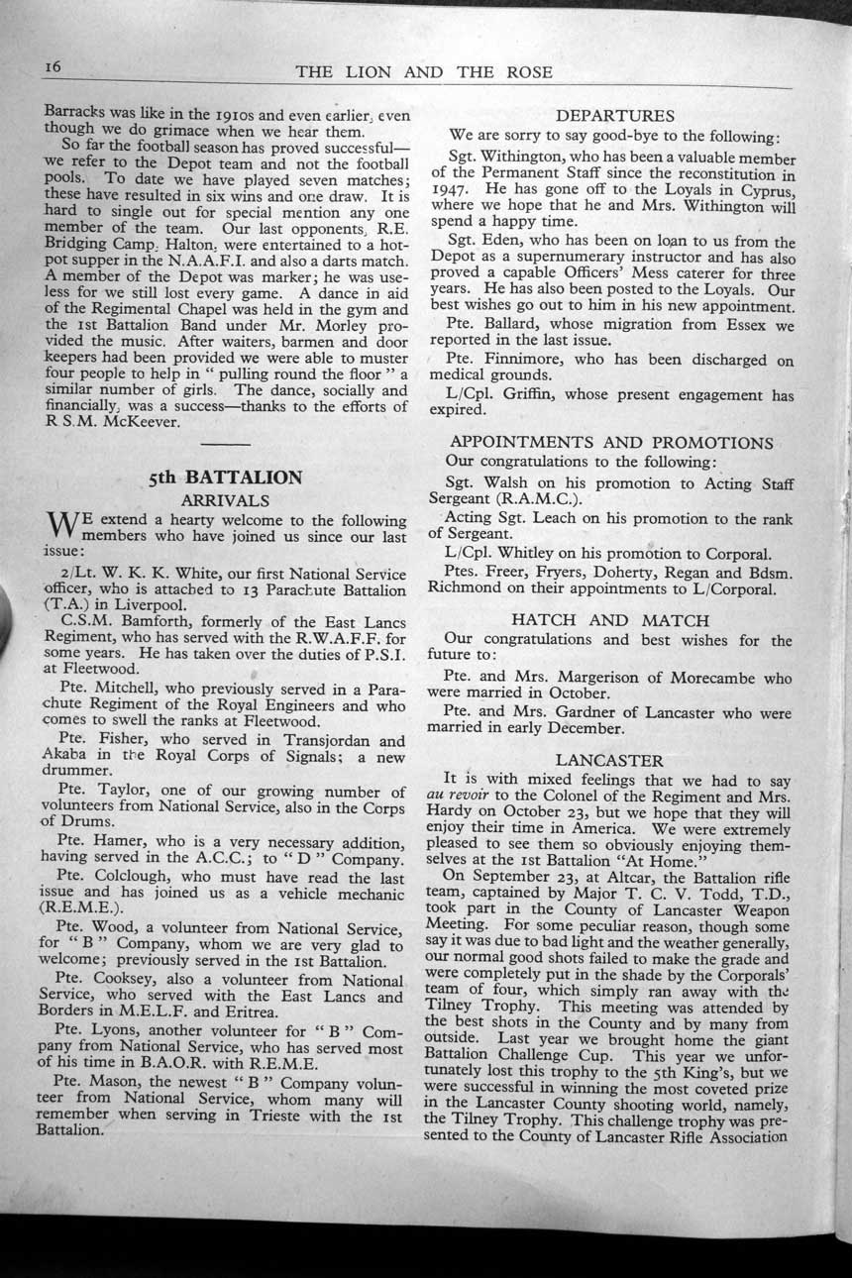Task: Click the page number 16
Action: tap(53, 66)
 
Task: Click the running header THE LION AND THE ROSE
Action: tap(424, 72)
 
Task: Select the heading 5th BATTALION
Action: tap(226, 478)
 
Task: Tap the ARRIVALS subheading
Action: tap(226, 500)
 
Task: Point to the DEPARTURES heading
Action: tap(615, 116)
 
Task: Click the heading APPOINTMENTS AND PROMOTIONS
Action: tap(611, 442)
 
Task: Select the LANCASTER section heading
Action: tap(609, 760)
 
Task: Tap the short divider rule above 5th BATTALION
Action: tap(225, 436)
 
